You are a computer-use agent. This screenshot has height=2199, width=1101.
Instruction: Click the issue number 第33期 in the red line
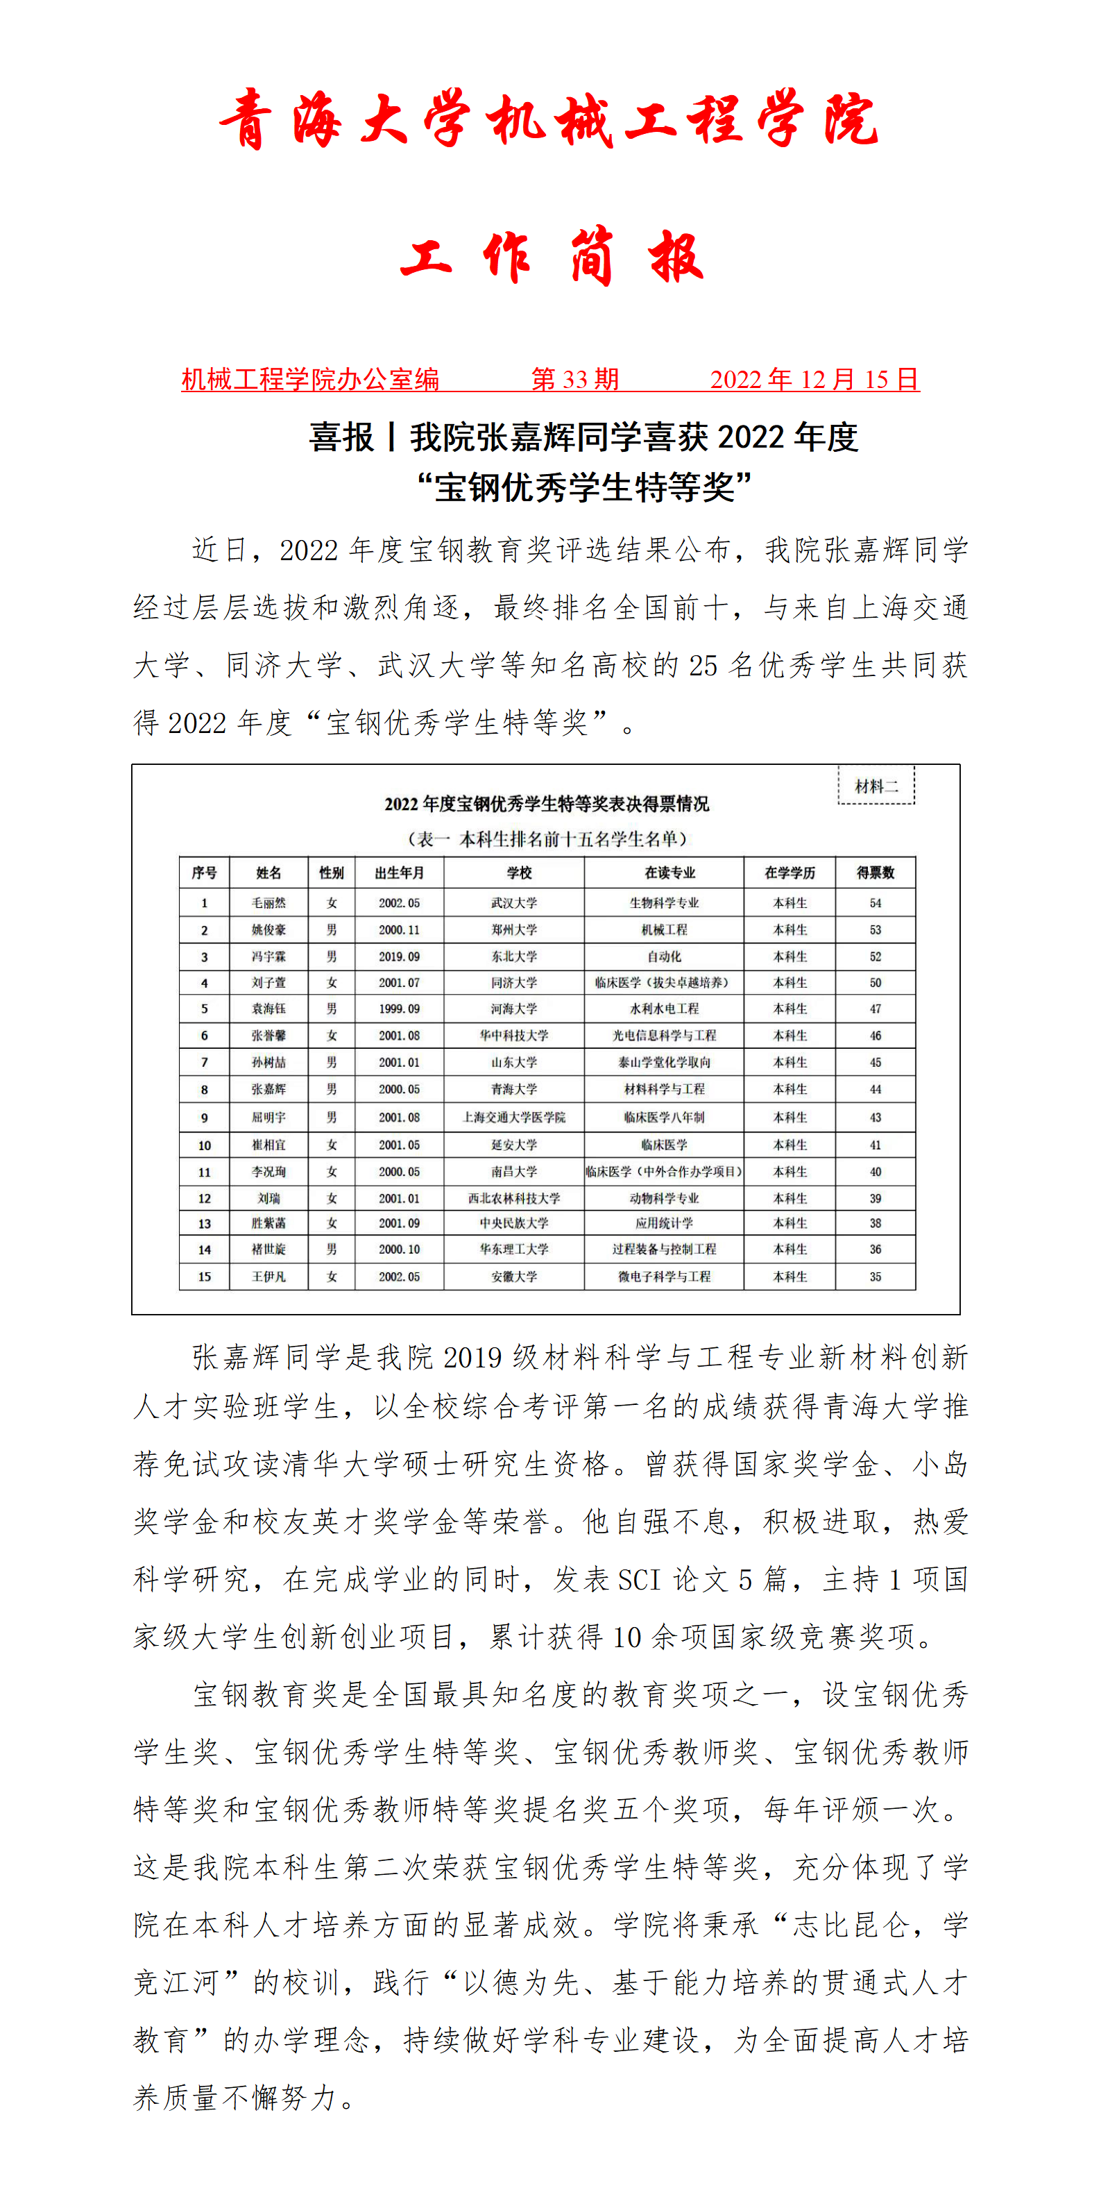click(x=574, y=379)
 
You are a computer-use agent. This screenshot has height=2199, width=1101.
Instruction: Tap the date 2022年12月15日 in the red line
click(x=814, y=379)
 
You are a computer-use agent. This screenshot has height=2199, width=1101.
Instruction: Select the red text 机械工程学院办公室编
click(x=310, y=379)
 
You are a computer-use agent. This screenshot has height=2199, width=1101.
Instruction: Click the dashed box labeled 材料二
click(x=876, y=785)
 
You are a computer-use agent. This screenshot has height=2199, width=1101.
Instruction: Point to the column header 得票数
click(x=875, y=873)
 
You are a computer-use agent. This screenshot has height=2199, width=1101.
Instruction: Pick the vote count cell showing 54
click(x=875, y=902)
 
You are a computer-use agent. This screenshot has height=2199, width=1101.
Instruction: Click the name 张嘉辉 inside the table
click(x=269, y=1089)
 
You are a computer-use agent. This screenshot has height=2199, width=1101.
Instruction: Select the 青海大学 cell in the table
click(x=514, y=1089)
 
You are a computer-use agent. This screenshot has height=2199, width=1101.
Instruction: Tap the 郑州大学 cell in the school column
click(x=514, y=929)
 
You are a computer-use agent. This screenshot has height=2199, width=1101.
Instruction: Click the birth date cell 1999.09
click(x=400, y=1009)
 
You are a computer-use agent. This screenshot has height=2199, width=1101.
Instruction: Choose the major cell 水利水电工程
click(x=664, y=1009)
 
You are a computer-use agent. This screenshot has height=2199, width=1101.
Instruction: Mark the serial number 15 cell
click(x=204, y=1277)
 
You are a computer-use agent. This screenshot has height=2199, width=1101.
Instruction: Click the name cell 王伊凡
click(x=269, y=1277)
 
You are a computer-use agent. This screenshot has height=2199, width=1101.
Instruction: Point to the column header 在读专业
click(x=670, y=873)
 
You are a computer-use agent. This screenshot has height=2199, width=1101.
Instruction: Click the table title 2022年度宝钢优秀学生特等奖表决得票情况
click(x=546, y=803)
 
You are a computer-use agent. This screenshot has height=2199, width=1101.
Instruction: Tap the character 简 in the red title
click(x=592, y=256)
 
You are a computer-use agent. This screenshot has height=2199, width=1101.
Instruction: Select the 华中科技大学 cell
click(x=514, y=1036)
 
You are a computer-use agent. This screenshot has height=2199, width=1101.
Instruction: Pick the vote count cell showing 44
click(x=875, y=1089)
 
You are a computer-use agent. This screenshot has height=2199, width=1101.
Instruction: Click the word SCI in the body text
click(x=639, y=1579)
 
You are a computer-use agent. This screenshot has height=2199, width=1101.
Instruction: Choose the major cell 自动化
click(x=664, y=956)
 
